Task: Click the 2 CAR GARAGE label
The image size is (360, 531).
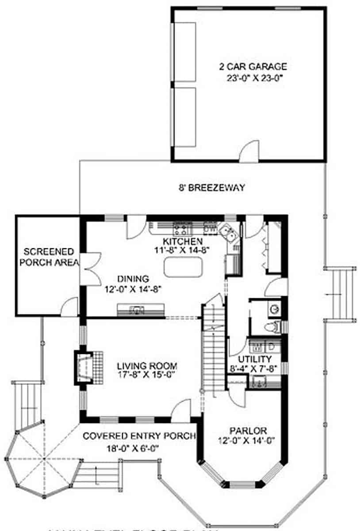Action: click(x=253, y=67)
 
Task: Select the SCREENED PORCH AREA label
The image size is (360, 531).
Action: click(x=49, y=257)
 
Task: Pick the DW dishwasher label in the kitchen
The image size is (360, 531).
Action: click(x=211, y=229)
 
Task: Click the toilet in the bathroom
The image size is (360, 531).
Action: click(x=271, y=327)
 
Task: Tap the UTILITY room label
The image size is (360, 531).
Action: click(x=254, y=359)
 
